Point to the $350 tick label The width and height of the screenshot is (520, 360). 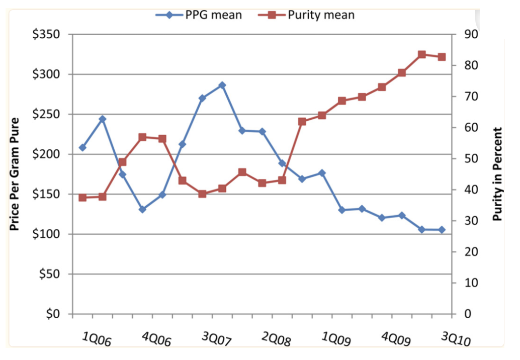(x=46, y=35)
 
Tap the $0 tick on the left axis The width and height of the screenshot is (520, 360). (x=52, y=314)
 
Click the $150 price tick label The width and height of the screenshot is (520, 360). (x=46, y=195)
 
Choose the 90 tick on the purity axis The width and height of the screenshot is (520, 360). (x=465, y=35)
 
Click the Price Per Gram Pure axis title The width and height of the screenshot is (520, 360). (x=15, y=174)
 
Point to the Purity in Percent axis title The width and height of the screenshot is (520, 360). (x=498, y=174)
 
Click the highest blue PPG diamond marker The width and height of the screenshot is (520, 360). (x=222, y=85)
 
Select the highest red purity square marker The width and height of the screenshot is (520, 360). (x=422, y=54)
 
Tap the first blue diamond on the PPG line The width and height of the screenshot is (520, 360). (x=82, y=148)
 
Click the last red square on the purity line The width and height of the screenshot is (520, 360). (x=442, y=57)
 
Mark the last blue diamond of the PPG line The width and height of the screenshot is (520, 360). (x=442, y=230)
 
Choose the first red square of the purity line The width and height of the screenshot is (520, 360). (x=82, y=198)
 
